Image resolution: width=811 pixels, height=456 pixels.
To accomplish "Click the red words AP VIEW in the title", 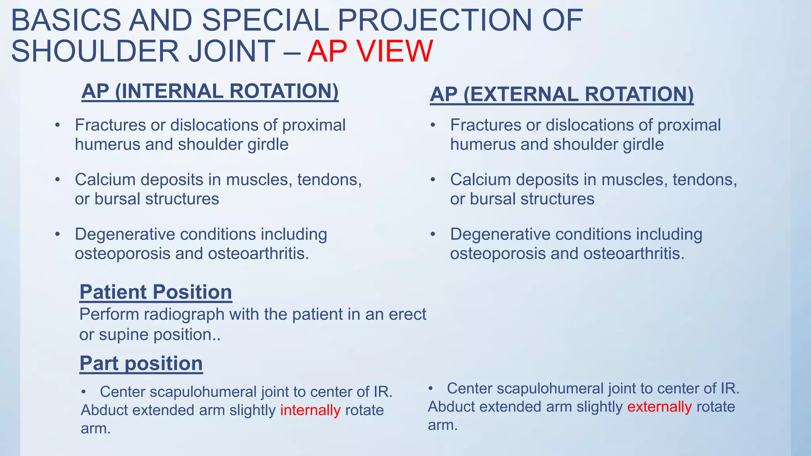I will pyautogui.click(x=370, y=51).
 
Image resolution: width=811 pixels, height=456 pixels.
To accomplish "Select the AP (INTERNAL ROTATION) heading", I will pyautogui.click(x=210, y=91).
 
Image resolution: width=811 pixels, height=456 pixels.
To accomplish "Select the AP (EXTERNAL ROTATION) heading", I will pyautogui.click(x=562, y=94).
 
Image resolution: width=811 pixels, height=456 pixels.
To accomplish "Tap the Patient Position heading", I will pyautogui.click(x=156, y=292).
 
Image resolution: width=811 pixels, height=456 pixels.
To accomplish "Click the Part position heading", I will pyautogui.click(x=141, y=363).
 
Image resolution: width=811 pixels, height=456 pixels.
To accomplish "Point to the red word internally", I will pyautogui.click(x=310, y=410).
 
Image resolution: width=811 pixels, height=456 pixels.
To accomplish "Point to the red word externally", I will pyautogui.click(x=659, y=407).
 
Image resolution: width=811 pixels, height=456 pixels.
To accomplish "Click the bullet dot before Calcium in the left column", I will pyautogui.click(x=57, y=180).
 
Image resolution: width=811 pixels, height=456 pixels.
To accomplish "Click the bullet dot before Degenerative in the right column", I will pyautogui.click(x=433, y=234).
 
